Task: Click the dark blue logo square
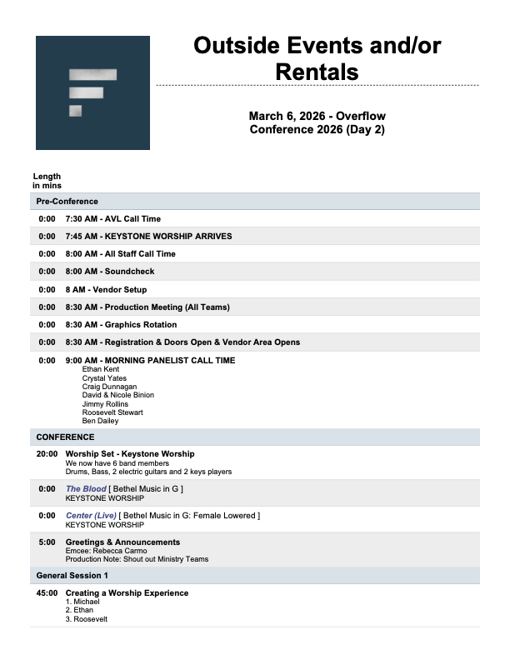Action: click(x=92, y=92)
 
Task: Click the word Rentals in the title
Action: click(x=317, y=72)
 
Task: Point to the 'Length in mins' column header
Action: click(x=47, y=180)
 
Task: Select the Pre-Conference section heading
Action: click(x=67, y=201)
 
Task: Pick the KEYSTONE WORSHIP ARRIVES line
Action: click(x=149, y=237)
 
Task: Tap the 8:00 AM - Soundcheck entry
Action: click(x=110, y=272)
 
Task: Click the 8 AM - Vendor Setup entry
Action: click(x=106, y=289)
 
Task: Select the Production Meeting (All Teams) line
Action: click(x=147, y=307)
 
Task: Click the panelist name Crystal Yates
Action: click(x=105, y=377)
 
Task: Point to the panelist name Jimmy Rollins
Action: click(x=105, y=404)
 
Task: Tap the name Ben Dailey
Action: click(x=100, y=421)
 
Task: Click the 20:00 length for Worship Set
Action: click(x=47, y=454)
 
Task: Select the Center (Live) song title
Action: click(x=92, y=516)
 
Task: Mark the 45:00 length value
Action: click(x=47, y=593)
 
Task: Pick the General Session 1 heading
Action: click(x=72, y=576)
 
